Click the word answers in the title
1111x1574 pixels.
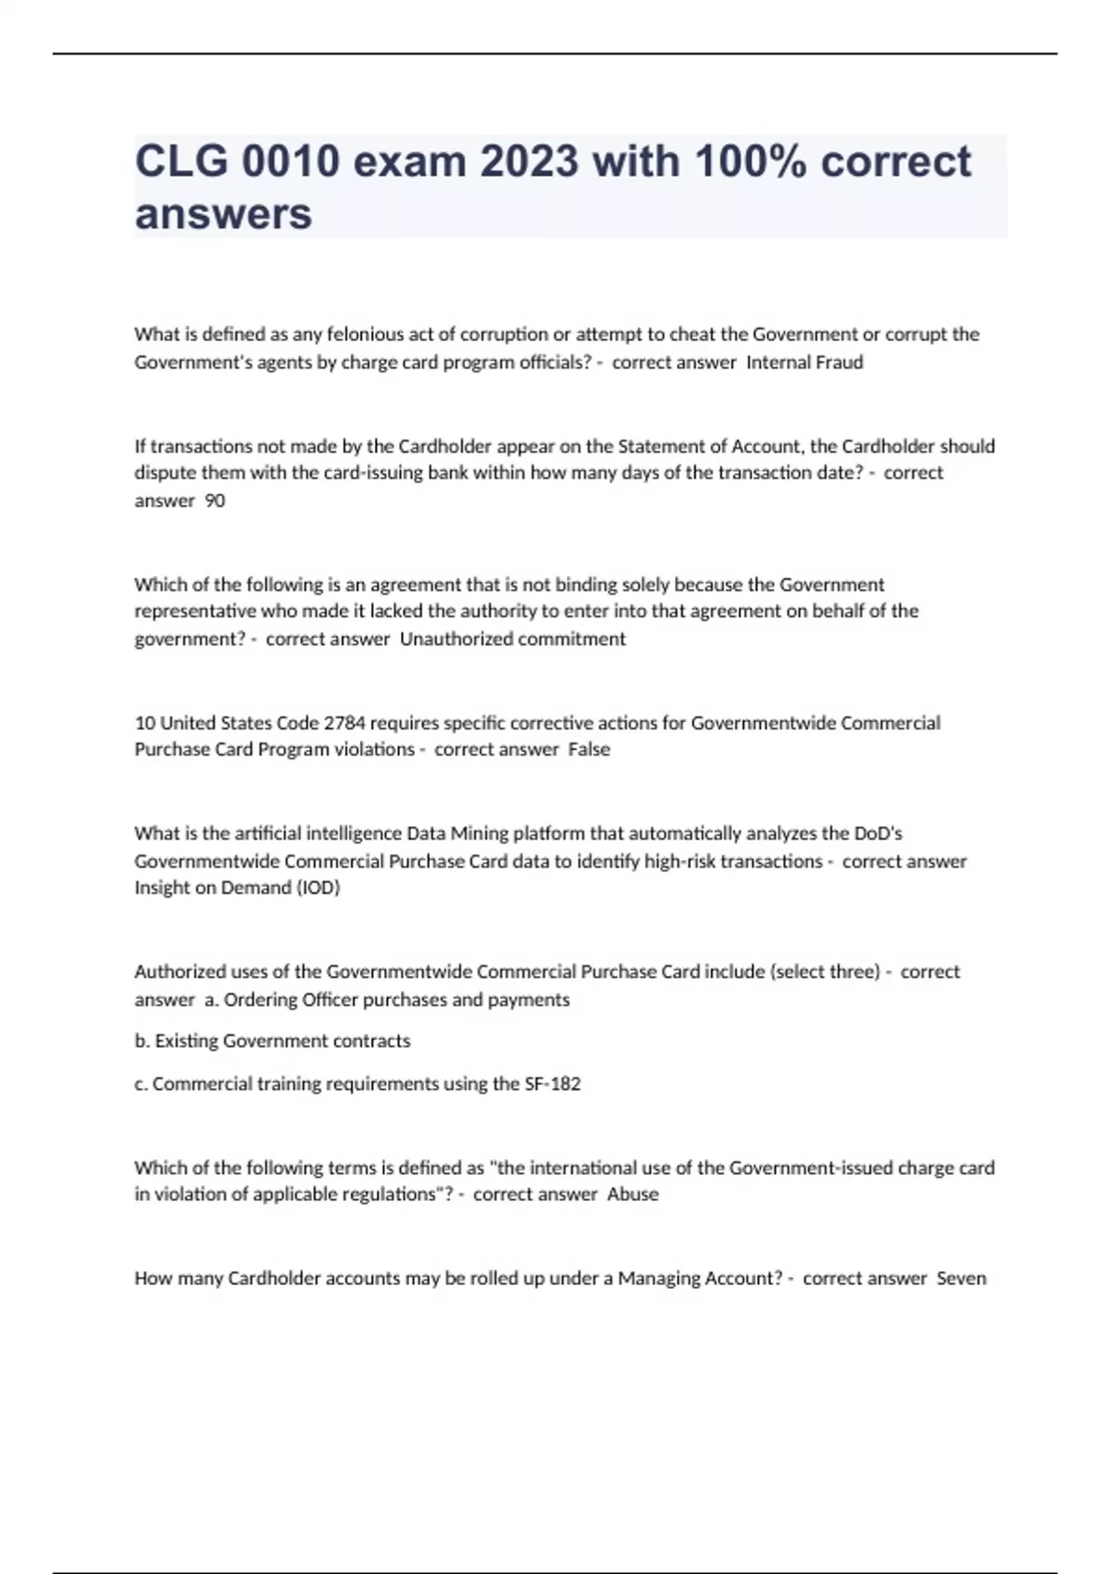pos(223,214)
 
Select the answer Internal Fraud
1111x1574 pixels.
pos(805,362)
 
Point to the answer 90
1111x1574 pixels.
pos(215,501)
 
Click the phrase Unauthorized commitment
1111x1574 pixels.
pos(513,639)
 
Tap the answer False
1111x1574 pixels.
pos(589,749)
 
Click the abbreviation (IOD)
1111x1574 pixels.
pos(318,887)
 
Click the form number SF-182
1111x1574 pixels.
pos(553,1083)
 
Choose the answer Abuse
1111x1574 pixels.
pos(633,1194)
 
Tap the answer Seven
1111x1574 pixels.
pos(961,1278)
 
